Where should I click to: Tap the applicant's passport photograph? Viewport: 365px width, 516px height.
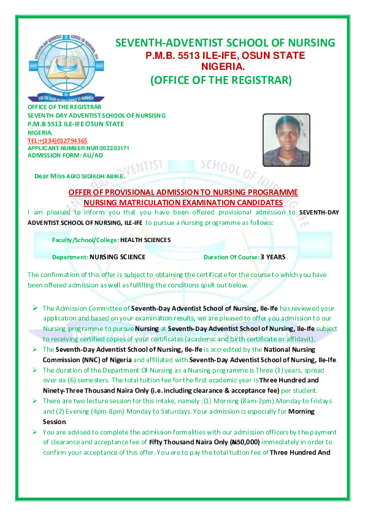point(286,140)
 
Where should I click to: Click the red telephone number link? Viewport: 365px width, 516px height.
point(58,140)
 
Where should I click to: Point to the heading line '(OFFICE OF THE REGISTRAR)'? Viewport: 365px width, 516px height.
point(221,80)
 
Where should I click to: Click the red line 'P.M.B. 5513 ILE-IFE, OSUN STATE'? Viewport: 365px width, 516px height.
point(225,55)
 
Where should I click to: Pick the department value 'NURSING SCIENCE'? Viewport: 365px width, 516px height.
point(117,257)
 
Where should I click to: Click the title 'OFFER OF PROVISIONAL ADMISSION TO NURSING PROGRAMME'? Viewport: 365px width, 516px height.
point(183,192)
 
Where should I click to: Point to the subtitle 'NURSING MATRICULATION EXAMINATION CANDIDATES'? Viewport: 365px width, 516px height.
point(183,202)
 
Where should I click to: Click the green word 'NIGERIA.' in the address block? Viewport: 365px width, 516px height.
point(40,132)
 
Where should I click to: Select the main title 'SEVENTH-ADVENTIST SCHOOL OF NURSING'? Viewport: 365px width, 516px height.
point(225,43)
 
